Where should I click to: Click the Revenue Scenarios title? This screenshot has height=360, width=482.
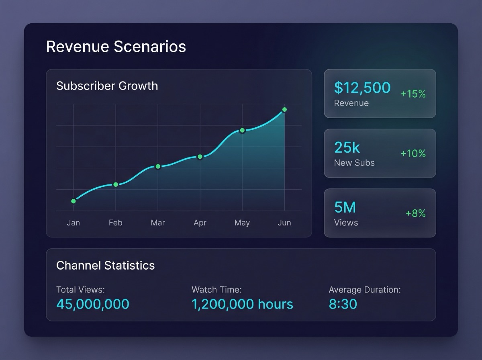click(116, 47)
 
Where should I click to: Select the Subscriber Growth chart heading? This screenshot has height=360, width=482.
click(107, 86)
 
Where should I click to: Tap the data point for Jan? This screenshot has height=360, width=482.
click(74, 201)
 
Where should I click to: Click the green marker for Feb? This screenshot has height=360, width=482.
click(116, 184)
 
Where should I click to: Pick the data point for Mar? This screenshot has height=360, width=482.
click(158, 166)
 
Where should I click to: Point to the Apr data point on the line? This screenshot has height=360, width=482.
click(200, 157)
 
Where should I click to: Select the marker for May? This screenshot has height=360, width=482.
click(242, 130)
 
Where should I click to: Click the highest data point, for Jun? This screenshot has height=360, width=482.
click(284, 110)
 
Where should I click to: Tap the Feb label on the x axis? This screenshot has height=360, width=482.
click(115, 223)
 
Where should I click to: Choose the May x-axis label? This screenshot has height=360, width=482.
click(242, 223)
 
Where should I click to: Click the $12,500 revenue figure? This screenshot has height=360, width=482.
click(362, 88)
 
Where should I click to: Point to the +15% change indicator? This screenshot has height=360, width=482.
click(413, 94)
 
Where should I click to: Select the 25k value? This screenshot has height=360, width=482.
click(347, 147)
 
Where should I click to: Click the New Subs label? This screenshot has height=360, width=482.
click(354, 163)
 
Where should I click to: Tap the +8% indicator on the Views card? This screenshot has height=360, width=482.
click(415, 213)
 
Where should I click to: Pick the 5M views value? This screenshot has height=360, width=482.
click(345, 207)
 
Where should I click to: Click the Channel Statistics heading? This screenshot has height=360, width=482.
click(105, 266)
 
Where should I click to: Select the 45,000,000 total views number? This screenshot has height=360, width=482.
click(93, 304)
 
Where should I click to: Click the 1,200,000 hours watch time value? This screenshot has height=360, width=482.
click(242, 304)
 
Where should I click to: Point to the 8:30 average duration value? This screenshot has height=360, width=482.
click(343, 304)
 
